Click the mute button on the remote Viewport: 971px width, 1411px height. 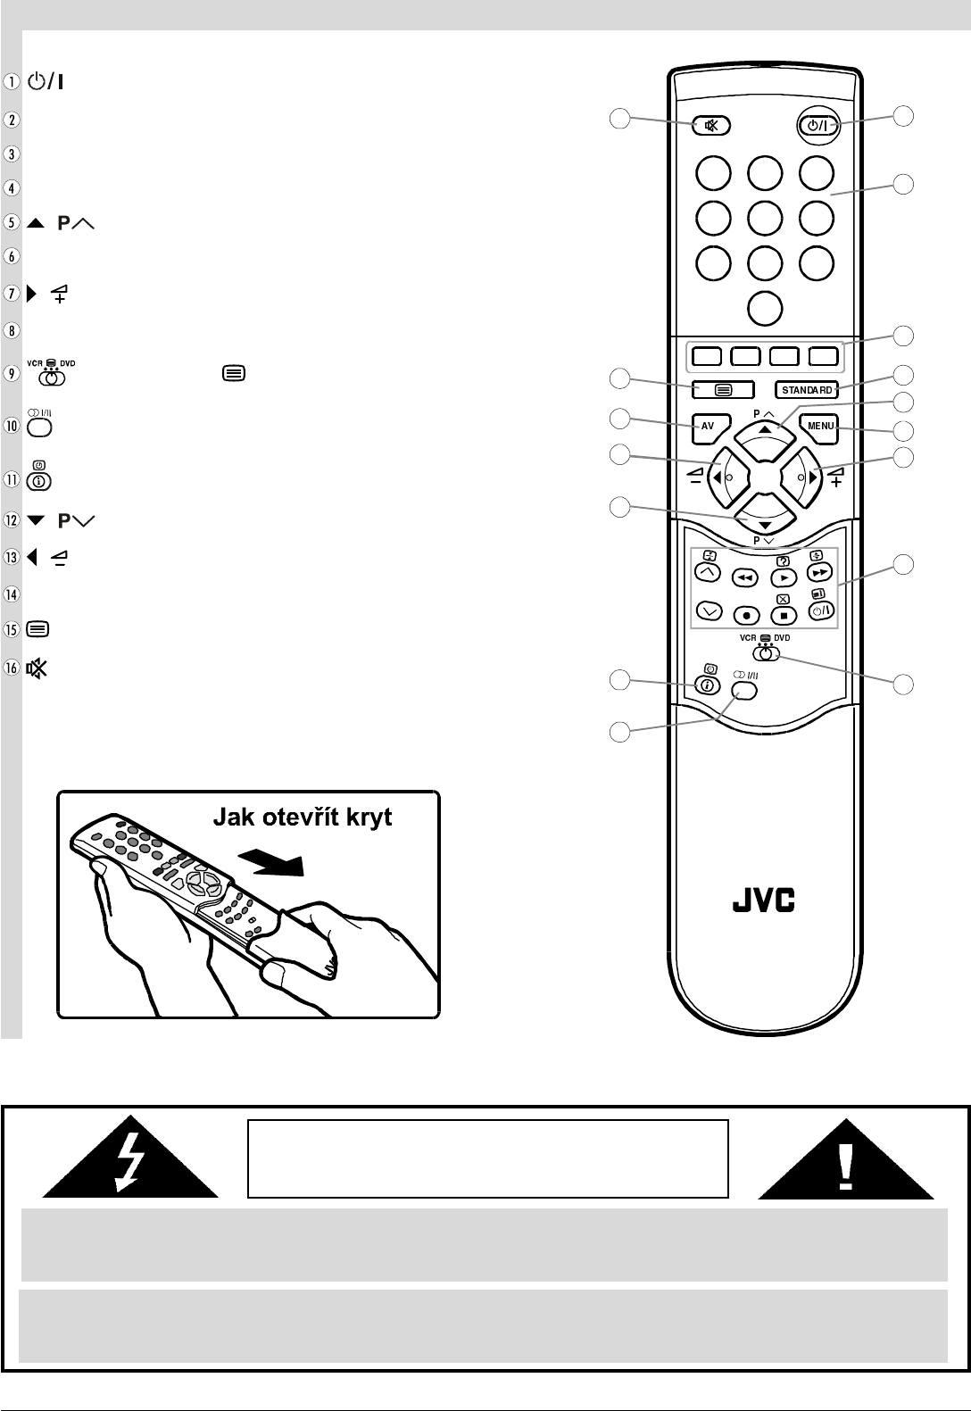point(711,126)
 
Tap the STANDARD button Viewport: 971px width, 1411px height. point(807,390)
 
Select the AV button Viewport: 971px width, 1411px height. point(708,427)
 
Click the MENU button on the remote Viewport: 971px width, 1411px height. point(820,427)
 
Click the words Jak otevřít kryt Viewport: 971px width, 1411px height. point(302,818)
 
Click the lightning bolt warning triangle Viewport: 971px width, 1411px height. point(130,1158)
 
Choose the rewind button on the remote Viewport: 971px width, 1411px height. point(745,578)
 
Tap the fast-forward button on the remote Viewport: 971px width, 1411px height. point(819,573)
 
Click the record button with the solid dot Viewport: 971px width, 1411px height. point(747,616)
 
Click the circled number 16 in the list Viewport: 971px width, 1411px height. point(12,667)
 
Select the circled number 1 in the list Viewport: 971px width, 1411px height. point(12,82)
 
